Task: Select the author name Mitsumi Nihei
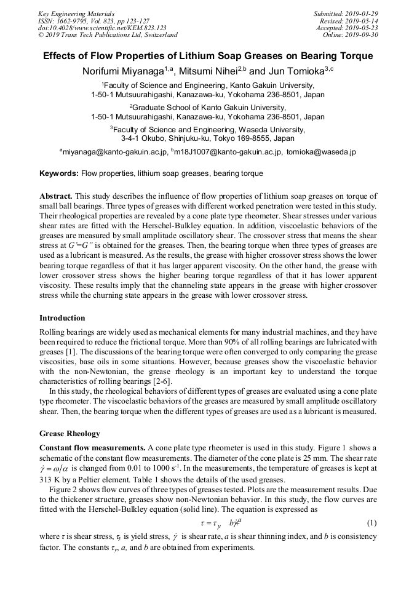211,71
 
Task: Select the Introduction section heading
62,318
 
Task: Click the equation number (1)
371,523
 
